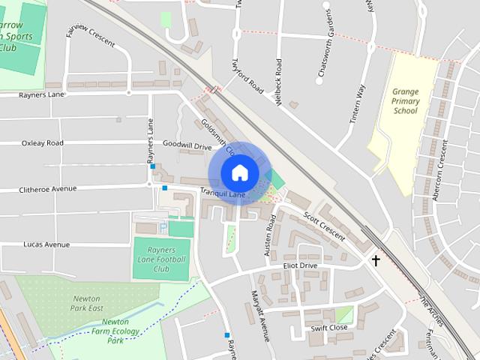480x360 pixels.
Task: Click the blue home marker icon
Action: click(x=239, y=172)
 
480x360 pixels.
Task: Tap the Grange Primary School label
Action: click(x=406, y=101)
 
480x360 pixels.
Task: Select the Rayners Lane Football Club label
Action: click(x=161, y=259)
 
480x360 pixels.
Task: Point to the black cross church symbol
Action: click(x=375, y=260)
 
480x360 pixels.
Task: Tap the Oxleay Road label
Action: click(x=43, y=142)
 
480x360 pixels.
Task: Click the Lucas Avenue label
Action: click(x=46, y=244)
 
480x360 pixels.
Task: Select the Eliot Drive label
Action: click(x=300, y=265)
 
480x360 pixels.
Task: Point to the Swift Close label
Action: click(x=329, y=328)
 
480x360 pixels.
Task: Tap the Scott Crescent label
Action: click(x=325, y=224)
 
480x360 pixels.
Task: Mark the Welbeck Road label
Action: click(x=278, y=82)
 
